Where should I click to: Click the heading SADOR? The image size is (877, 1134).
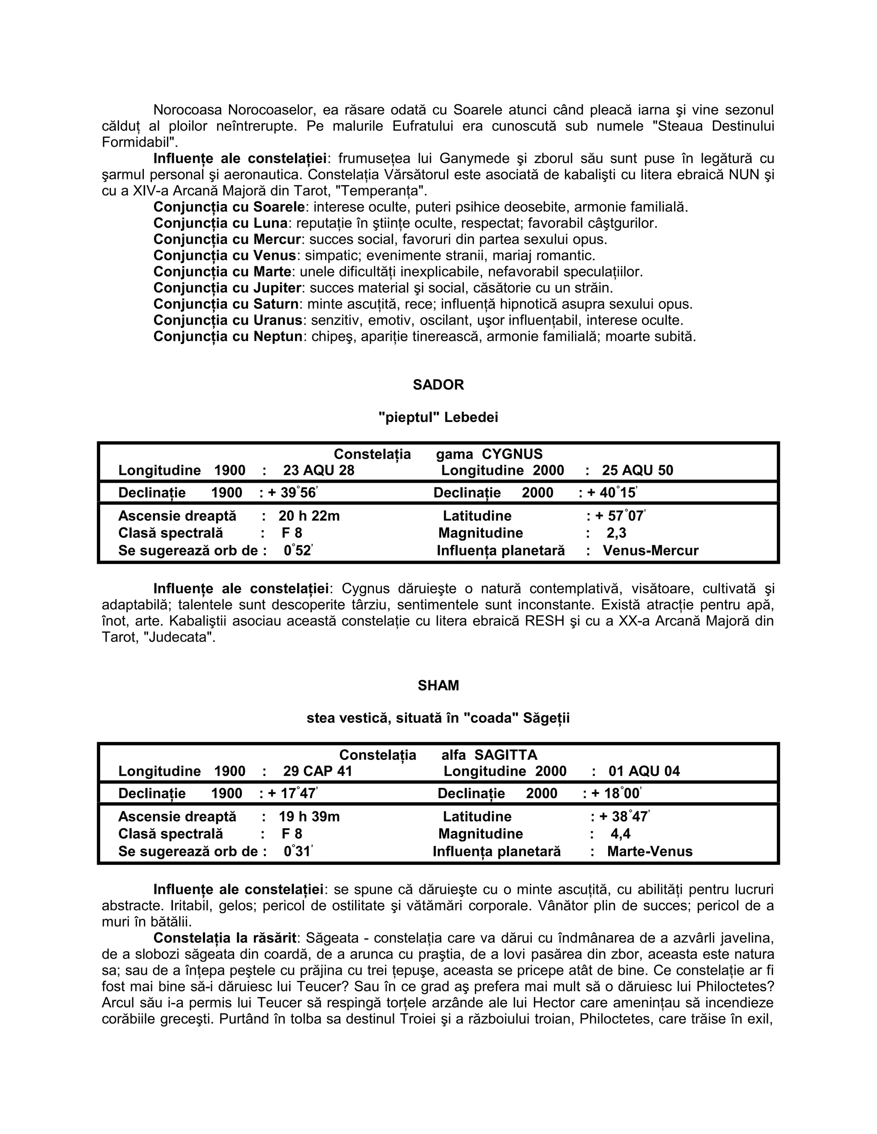[x=438, y=385]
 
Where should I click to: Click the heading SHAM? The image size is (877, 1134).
[x=438, y=686]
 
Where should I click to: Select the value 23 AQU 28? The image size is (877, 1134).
[x=319, y=470]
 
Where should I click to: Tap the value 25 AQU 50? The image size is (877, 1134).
[x=638, y=470]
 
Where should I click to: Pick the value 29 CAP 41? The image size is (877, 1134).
[x=317, y=771]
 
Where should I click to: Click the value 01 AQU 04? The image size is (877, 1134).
[x=644, y=771]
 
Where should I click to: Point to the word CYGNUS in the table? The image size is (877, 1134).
[x=512, y=454]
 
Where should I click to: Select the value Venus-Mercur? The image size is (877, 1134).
[x=650, y=550]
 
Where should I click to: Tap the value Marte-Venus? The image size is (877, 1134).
[x=650, y=852]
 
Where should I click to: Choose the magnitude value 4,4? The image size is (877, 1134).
[x=620, y=834]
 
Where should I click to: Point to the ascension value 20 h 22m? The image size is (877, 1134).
[x=309, y=516]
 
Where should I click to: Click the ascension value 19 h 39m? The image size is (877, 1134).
[x=309, y=817]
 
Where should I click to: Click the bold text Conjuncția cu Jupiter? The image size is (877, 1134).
[x=227, y=288]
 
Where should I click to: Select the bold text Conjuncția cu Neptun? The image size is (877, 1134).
[x=227, y=336]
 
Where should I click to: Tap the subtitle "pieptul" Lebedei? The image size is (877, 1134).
[x=438, y=418]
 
